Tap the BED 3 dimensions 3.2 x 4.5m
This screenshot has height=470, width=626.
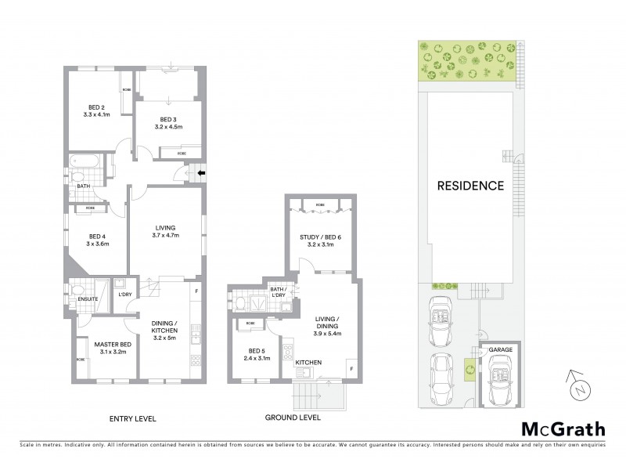pos(168,127)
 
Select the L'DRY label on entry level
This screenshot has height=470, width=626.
pos(124,294)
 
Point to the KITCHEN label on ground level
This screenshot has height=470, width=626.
pos(308,362)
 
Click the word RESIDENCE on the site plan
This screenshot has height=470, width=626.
pos(469,186)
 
